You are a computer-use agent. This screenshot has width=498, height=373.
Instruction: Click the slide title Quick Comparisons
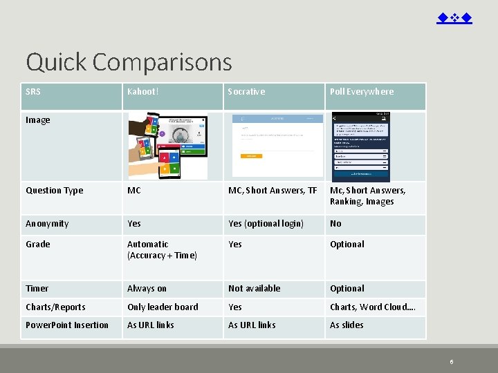[x=129, y=62]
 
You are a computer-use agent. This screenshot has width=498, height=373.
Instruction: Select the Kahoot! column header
[x=143, y=92]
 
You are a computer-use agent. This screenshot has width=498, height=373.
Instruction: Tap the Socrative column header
[x=246, y=92]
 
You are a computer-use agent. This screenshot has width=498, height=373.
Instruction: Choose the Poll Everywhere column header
[x=361, y=92]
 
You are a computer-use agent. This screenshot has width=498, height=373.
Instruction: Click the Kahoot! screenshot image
[x=168, y=146]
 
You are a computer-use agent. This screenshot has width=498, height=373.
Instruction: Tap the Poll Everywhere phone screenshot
[x=361, y=146]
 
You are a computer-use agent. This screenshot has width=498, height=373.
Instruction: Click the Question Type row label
[x=54, y=191]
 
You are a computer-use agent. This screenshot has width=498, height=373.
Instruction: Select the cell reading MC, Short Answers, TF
[x=273, y=191]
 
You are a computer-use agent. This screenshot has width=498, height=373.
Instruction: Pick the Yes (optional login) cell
[x=266, y=224]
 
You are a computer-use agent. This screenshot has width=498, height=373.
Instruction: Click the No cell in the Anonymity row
[x=335, y=224]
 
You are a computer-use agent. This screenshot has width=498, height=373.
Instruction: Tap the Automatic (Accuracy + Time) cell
[x=162, y=249]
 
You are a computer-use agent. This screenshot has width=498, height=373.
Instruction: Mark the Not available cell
[x=254, y=289]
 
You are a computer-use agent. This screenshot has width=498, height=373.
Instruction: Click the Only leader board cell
[x=163, y=307]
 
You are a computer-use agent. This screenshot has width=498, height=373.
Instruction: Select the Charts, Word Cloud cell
[x=372, y=307]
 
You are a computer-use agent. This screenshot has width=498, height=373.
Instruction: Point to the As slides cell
[x=347, y=325]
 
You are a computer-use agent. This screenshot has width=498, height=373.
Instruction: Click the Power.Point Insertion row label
[x=67, y=325]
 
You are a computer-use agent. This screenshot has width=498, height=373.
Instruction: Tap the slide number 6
[x=451, y=361]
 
